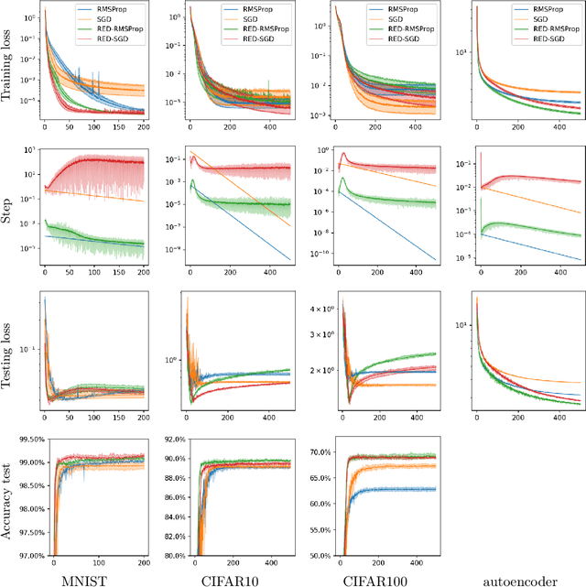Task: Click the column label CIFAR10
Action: tap(235, 577)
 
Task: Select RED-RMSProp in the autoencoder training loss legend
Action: tap(558, 28)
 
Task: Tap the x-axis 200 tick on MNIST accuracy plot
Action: tap(143, 561)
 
